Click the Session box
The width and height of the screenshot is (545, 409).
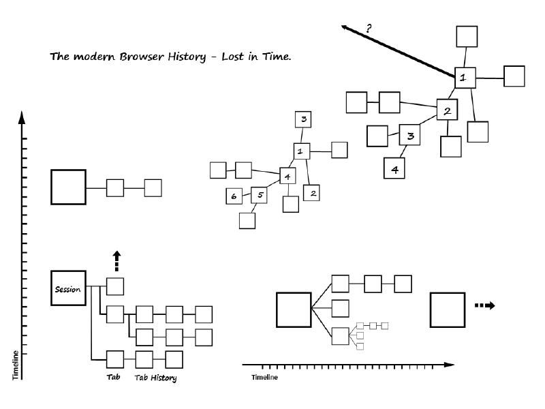point(69,288)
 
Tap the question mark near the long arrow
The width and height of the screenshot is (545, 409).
point(369,28)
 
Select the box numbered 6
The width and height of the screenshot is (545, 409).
point(234,196)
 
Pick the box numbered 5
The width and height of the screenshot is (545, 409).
point(259,195)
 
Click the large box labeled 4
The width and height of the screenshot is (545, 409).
point(394,168)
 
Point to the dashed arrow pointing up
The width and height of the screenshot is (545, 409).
point(116,261)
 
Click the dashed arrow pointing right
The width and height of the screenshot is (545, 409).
point(485,305)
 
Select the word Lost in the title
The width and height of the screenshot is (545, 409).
point(232,57)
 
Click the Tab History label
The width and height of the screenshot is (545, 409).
point(155,378)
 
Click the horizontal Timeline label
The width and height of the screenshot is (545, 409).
point(264,378)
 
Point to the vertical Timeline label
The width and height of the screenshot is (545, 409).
point(15,365)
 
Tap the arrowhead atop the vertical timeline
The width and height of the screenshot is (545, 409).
point(22,117)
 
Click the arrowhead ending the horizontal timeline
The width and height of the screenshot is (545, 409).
point(449,365)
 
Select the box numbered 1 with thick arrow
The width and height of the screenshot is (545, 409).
point(465,78)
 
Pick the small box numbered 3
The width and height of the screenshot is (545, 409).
point(303,120)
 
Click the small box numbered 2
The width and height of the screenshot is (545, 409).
point(311,193)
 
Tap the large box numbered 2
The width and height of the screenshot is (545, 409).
point(447,110)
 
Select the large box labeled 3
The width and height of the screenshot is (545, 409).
point(410,135)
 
